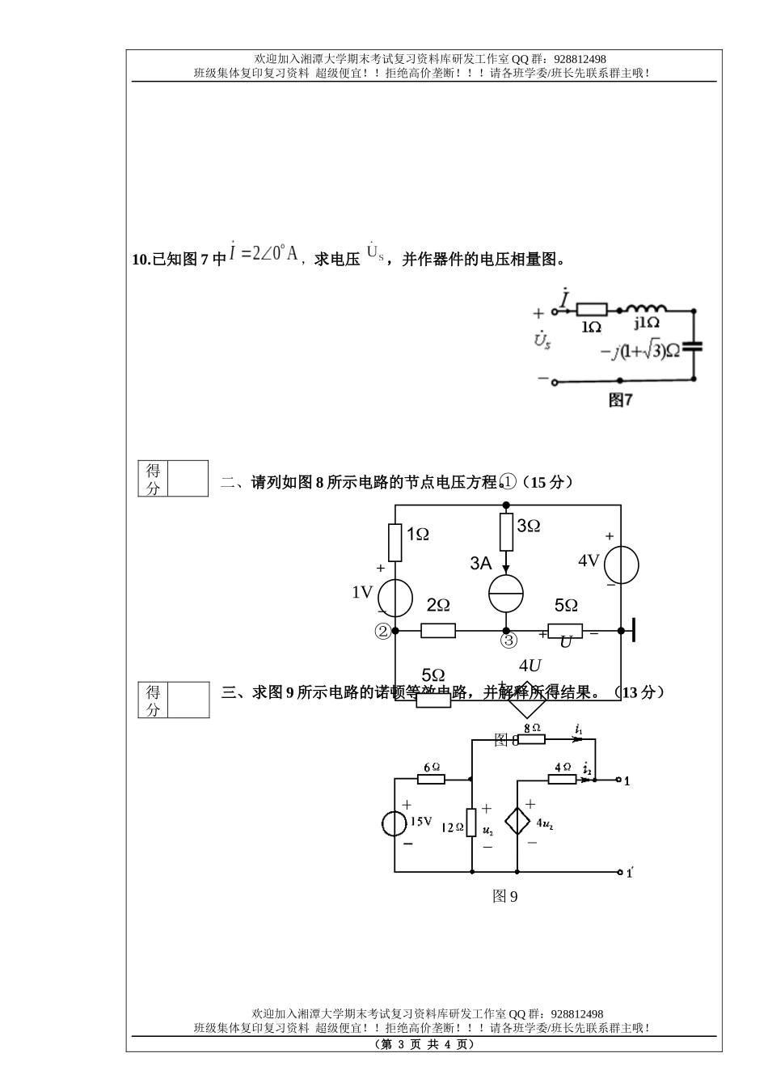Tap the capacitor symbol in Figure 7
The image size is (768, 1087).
(x=693, y=346)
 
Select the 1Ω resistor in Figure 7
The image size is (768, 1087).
(x=593, y=309)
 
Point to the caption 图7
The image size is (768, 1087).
(x=620, y=400)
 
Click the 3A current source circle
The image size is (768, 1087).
(x=506, y=594)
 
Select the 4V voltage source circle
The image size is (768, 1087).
(x=622, y=565)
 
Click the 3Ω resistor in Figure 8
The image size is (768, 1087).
(x=507, y=531)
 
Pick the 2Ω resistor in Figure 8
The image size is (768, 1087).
(x=438, y=630)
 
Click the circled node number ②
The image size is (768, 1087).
(x=382, y=632)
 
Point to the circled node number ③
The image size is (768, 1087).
(x=508, y=641)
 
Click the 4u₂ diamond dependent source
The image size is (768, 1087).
(x=517, y=822)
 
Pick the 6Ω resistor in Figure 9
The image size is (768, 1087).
(x=431, y=779)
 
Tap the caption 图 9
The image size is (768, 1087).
(x=505, y=896)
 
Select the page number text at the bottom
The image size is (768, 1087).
(x=424, y=1044)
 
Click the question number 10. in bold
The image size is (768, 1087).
(x=141, y=260)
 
